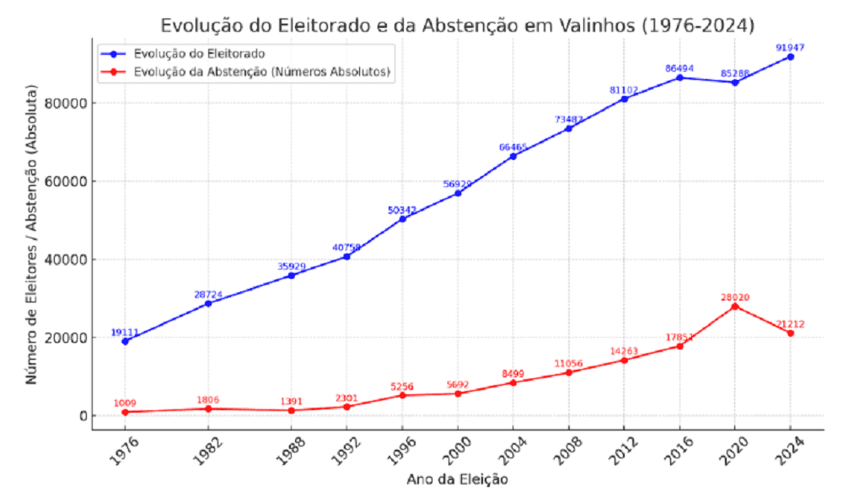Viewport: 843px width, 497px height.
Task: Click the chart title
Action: point(457,24)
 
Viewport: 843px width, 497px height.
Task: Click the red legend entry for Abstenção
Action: point(262,72)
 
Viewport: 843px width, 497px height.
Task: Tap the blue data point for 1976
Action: point(125,341)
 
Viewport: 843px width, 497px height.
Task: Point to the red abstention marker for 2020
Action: point(734,306)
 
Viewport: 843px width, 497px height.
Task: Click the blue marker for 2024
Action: point(790,56)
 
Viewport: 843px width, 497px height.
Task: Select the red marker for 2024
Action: point(790,333)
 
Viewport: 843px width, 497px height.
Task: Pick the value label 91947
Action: point(790,47)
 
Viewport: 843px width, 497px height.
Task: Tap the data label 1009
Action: point(125,403)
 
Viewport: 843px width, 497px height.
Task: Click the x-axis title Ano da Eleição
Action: point(457,480)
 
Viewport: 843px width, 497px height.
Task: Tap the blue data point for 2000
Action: point(458,193)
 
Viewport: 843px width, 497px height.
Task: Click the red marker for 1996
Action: point(402,395)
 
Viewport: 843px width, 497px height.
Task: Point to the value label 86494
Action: point(679,68)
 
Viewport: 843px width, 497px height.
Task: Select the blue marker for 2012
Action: point(624,99)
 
